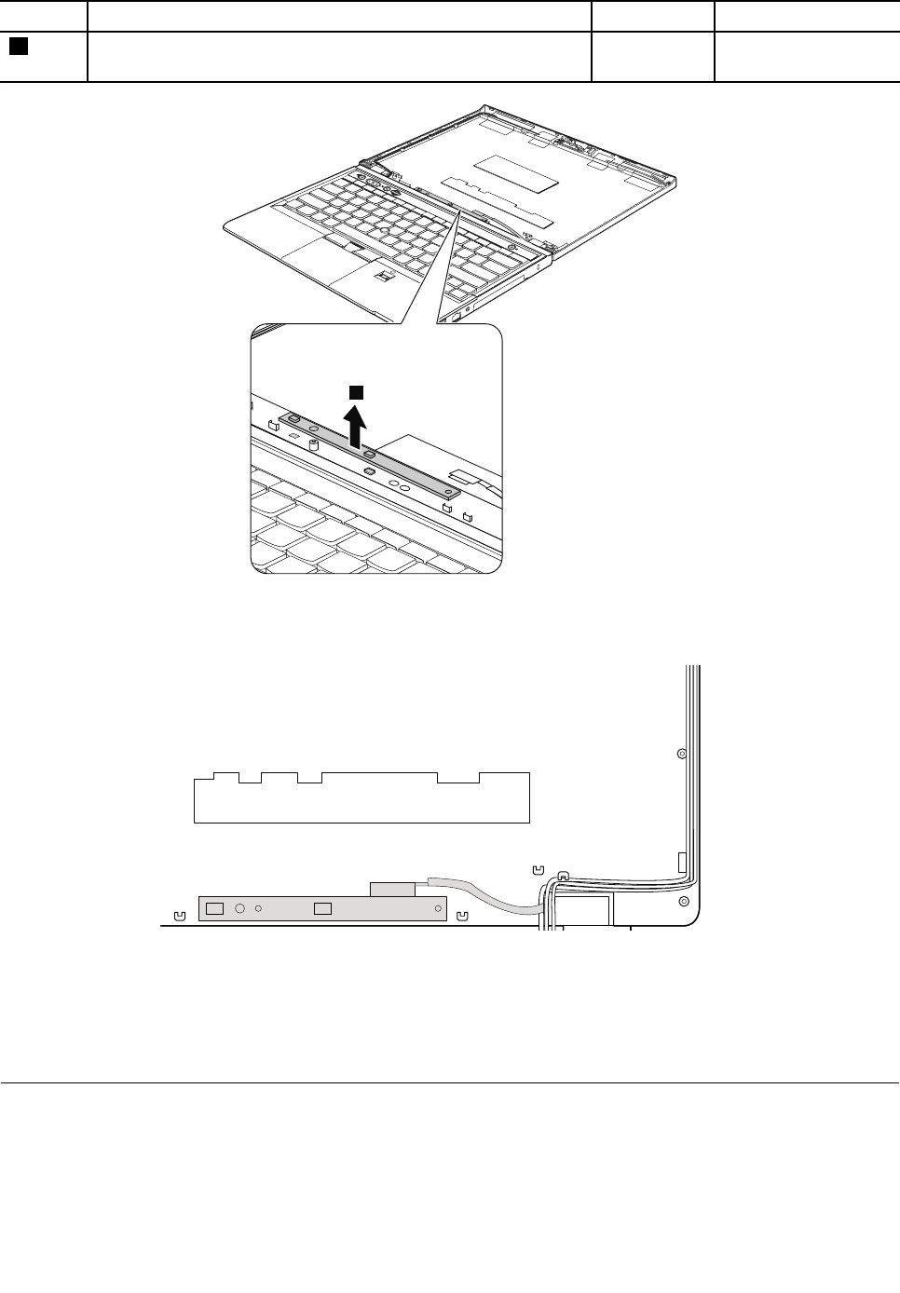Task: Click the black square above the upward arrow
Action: pyautogui.click(x=355, y=390)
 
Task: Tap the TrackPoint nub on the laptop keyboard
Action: pyautogui.click(x=384, y=227)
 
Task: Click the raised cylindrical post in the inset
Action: pyautogui.click(x=314, y=444)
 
